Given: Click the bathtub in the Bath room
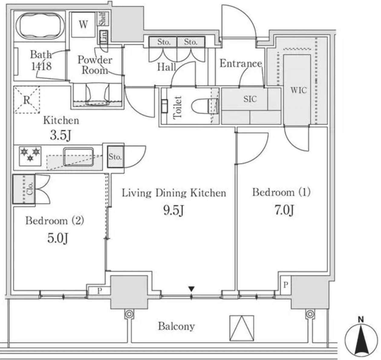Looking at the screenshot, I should tap(41, 26).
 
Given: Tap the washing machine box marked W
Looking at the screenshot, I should tap(83, 25).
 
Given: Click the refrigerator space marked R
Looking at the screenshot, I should tap(27, 100).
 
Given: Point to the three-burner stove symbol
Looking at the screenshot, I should tap(30, 154).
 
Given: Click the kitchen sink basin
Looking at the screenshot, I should tap(78, 156).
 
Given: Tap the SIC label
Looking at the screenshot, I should tap(250, 99).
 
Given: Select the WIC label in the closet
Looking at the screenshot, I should tap(298, 90).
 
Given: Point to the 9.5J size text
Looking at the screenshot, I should tap(174, 210).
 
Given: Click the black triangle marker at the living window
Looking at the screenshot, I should tap(191, 289).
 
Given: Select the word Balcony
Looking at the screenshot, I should tap(176, 326).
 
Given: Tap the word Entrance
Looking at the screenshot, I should tap(241, 63).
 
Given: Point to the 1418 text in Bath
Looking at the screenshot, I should tap(41, 66).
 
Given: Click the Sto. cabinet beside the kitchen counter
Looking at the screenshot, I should tap(115, 157).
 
